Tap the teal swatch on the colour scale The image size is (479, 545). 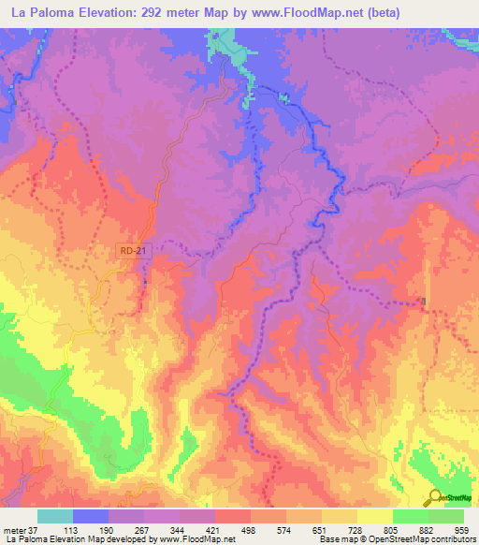click(x=55, y=516)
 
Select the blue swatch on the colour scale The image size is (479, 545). click(x=91, y=516)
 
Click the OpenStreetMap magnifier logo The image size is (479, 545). click(x=435, y=497)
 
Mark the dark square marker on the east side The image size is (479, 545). click(x=424, y=301)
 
